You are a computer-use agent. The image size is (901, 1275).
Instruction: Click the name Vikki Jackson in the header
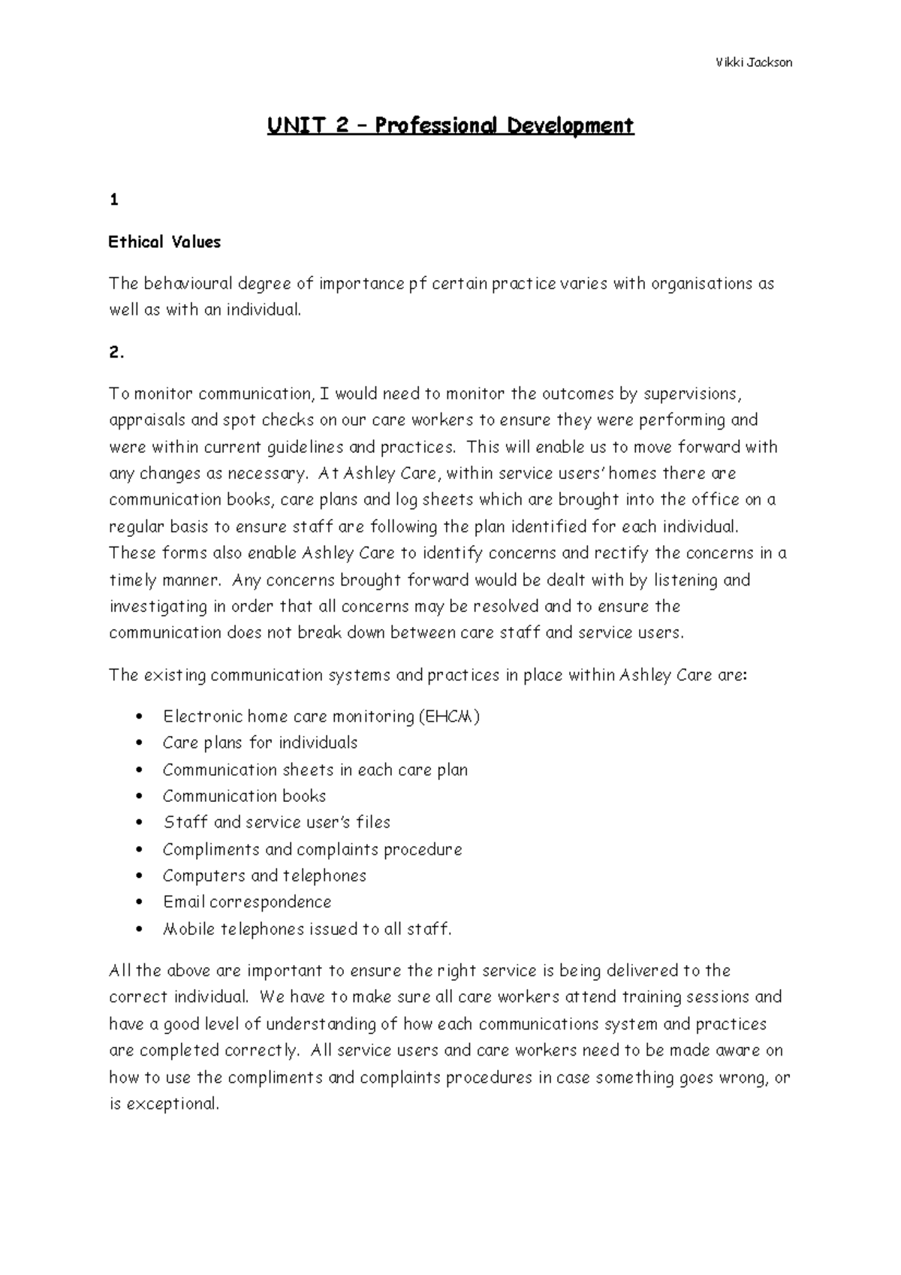coord(753,62)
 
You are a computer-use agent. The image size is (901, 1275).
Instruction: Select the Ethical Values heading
coord(164,242)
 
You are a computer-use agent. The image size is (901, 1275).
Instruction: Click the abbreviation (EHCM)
coord(449,716)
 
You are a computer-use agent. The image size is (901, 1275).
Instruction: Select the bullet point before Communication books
coord(139,797)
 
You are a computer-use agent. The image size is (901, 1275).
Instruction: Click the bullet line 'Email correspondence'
coord(247,902)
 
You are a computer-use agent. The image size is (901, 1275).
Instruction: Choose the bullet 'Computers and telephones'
coord(264,876)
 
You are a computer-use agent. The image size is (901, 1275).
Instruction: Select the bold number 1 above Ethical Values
coord(113,200)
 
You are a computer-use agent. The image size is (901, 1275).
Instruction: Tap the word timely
coord(132,580)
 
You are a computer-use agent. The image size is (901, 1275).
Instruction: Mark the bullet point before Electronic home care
coord(139,717)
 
